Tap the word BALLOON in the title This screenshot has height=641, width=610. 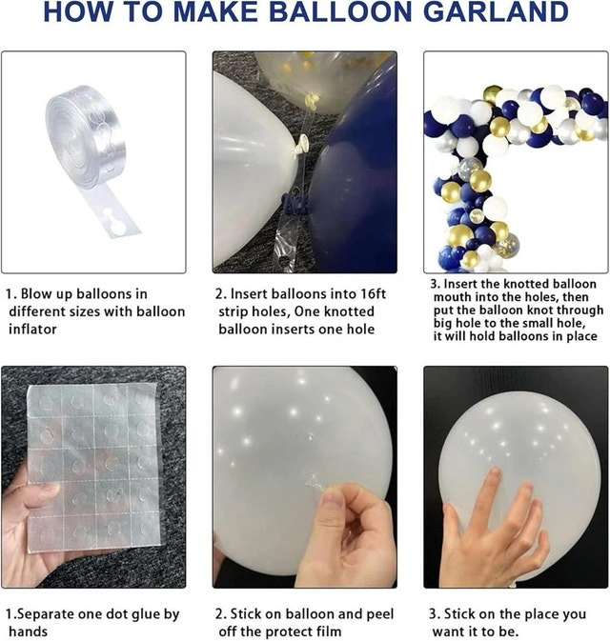[x=340, y=11]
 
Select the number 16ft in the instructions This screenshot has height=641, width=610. [x=373, y=294]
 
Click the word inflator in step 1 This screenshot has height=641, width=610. [x=32, y=330]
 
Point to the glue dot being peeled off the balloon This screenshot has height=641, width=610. [x=315, y=483]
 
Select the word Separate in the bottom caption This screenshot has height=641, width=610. [x=44, y=614]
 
